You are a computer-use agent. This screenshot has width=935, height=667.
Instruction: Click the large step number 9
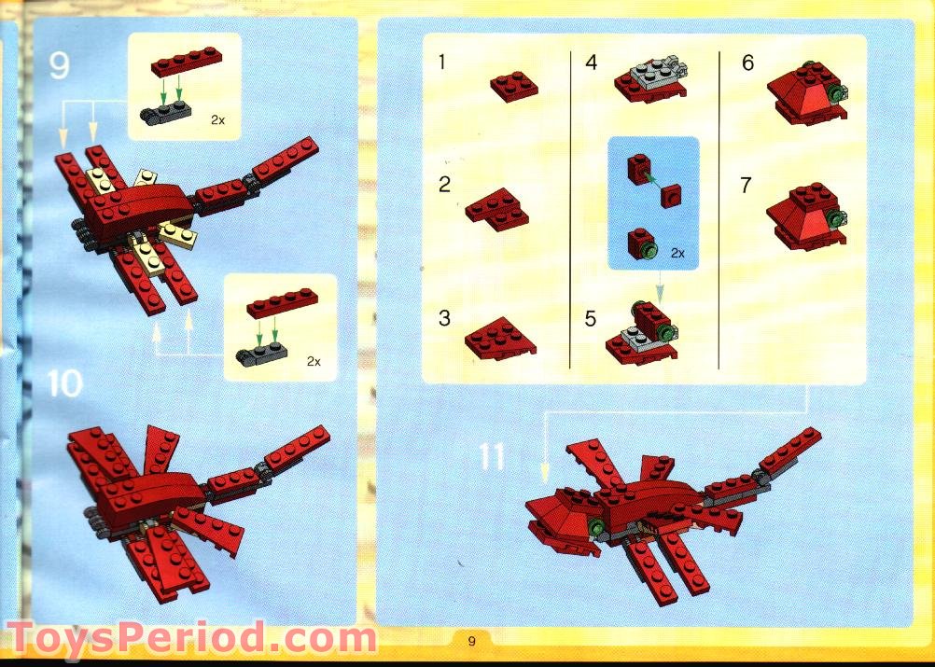click(x=60, y=66)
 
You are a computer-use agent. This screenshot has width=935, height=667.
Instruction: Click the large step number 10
click(x=64, y=382)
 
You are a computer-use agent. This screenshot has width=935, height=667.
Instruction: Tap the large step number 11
click(x=492, y=456)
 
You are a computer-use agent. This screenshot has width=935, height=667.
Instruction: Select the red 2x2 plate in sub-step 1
click(x=514, y=86)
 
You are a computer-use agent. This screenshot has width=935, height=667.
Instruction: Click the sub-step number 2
click(x=444, y=185)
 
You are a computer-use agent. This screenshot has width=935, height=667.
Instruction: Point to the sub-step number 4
click(x=591, y=63)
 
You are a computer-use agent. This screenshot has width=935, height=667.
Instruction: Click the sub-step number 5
click(x=590, y=319)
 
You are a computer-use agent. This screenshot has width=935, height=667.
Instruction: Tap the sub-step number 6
click(x=747, y=63)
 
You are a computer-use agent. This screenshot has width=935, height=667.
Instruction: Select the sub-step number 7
click(x=746, y=185)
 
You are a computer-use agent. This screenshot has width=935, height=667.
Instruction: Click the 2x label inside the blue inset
click(x=678, y=253)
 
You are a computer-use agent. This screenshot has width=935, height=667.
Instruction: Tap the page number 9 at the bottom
click(x=472, y=641)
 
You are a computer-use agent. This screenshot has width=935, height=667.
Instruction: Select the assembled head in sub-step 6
click(x=806, y=93)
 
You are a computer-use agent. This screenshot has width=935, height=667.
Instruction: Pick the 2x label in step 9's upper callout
click(x=217, y=120)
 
